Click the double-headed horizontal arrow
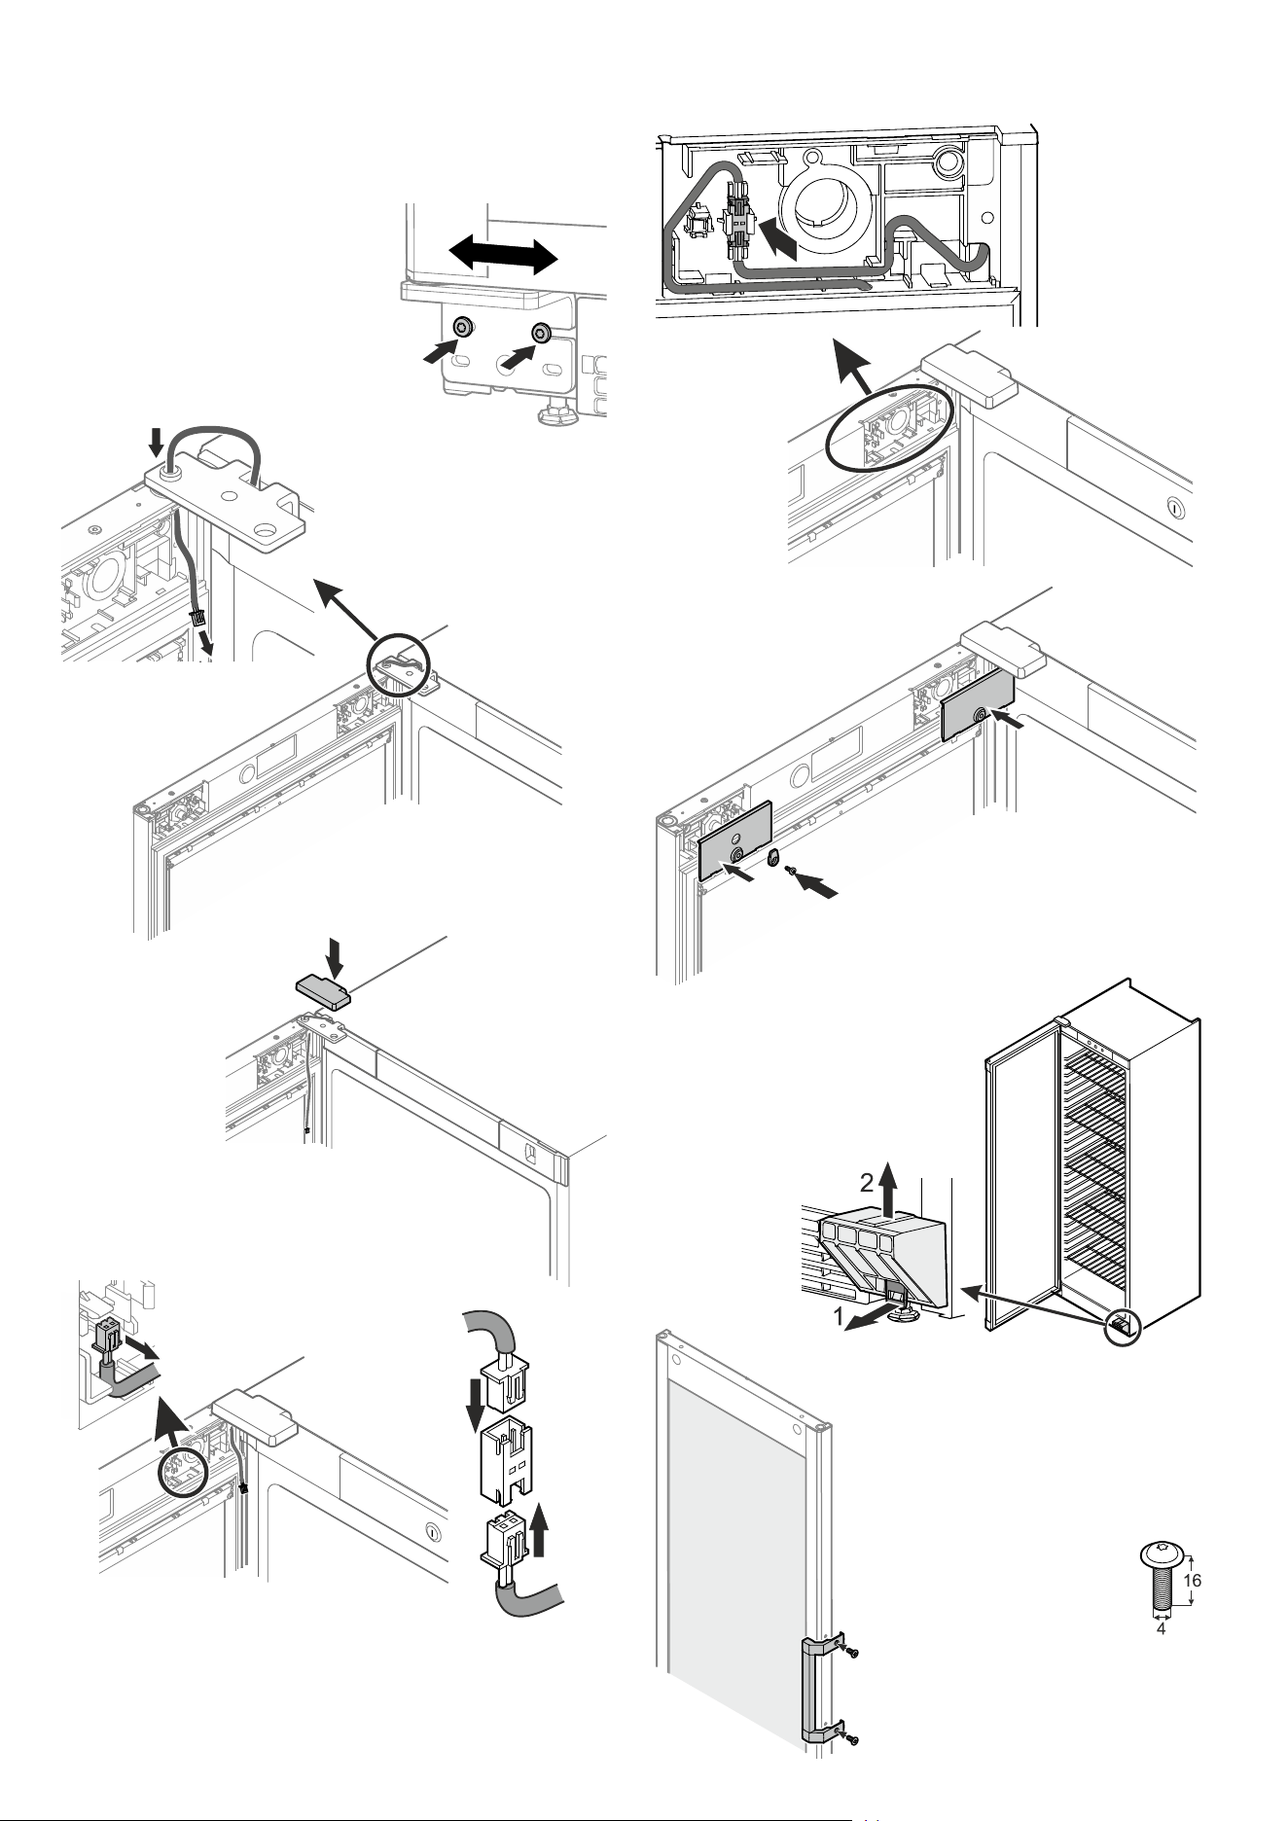click(x=504, y=255)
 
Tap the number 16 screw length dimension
click(x=1193, y=1580)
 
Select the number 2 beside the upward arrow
click(x=865, y=1183)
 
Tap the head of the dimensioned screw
click(x=1160, y=1553)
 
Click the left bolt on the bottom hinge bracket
click(x=465, y=325)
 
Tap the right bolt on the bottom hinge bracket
click(x=540, y=334)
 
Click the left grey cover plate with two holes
click(x=736, y=840)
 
